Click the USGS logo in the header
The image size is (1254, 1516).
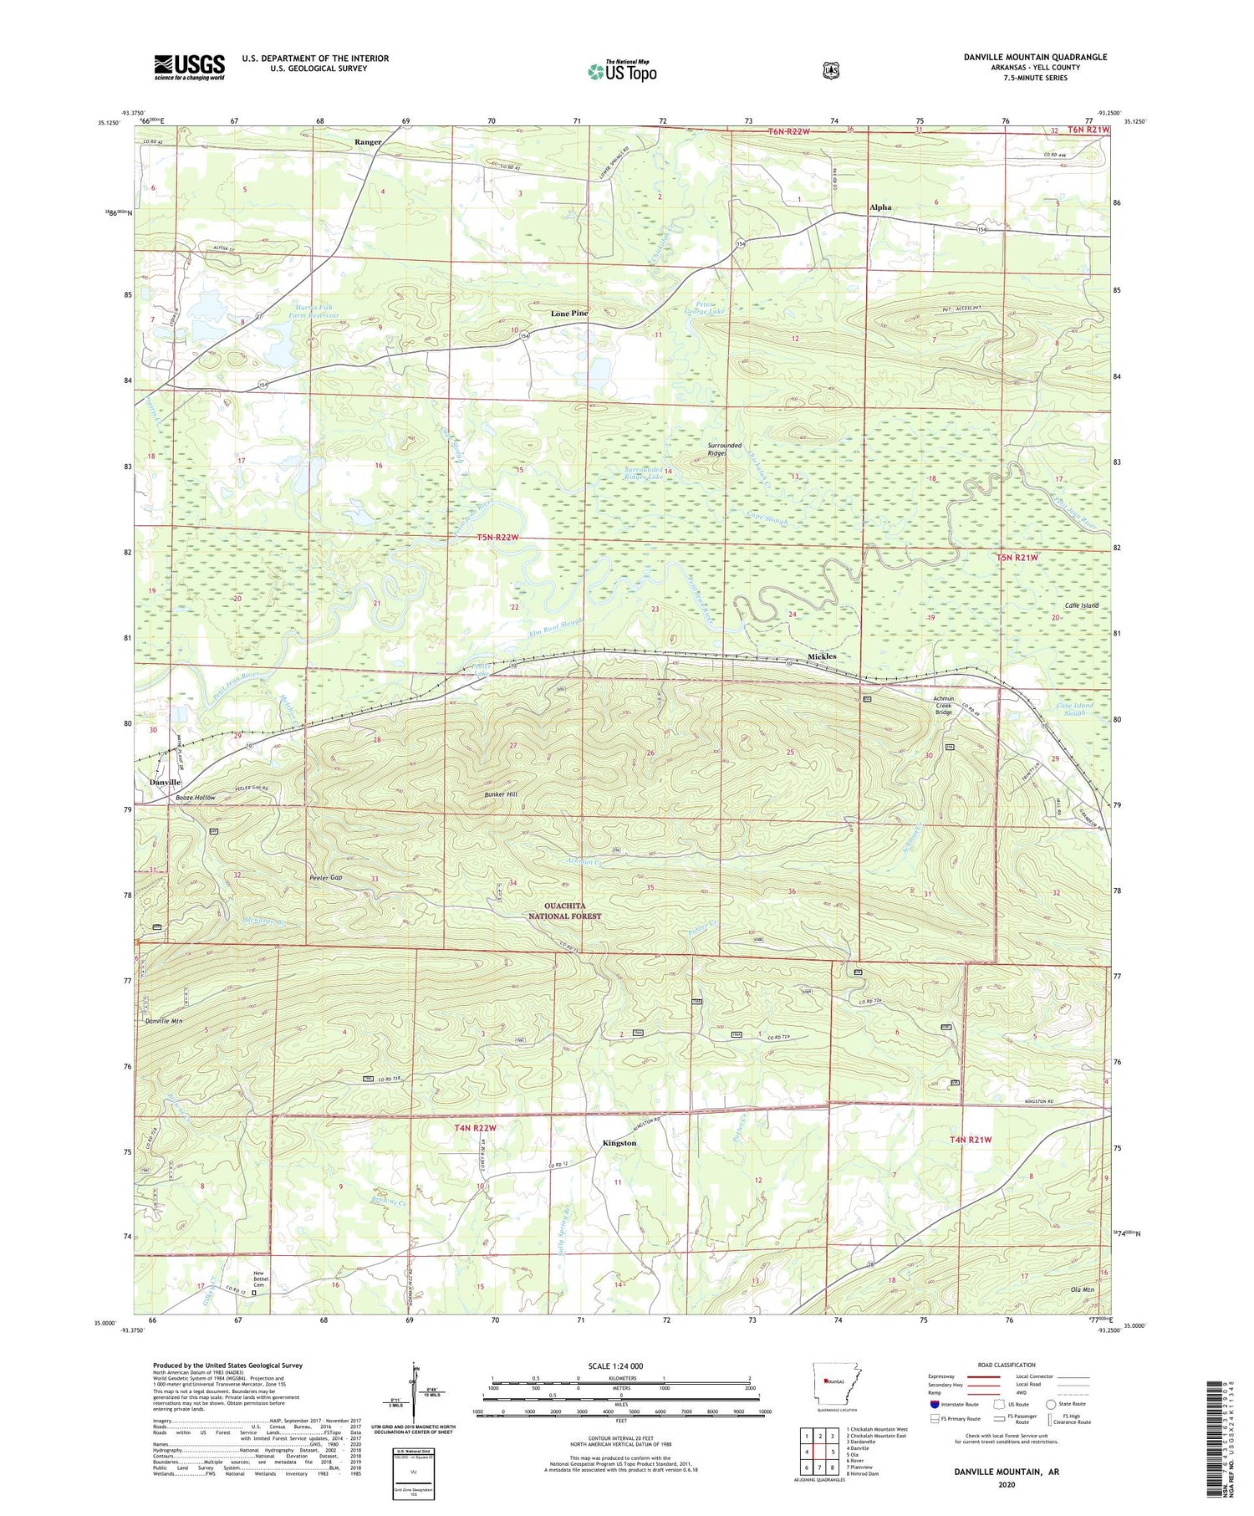[189, 67]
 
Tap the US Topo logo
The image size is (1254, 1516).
[622, 71]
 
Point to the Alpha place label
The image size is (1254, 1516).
[880, 207]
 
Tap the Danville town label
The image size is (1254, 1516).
[165, 782]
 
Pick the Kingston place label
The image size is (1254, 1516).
[619, 1143]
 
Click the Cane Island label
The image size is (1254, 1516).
[1081, 605]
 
